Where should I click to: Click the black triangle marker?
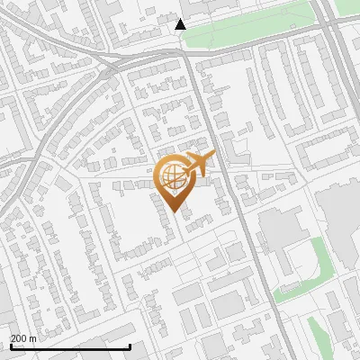[180, 24]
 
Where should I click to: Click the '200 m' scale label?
[23, 338]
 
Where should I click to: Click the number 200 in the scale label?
[19, 338]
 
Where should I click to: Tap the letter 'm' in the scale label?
[32, 338]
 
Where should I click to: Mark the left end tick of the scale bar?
[11, 346]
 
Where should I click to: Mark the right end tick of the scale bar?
[130, 346]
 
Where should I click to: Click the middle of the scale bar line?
[70, 347]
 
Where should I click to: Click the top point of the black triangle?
[180, 19]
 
